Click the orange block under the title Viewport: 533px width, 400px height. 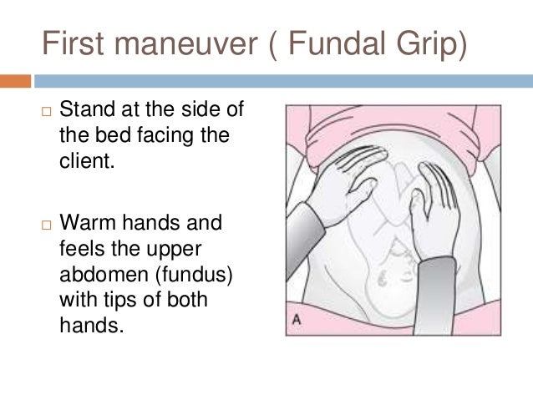[x=16, y=81]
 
